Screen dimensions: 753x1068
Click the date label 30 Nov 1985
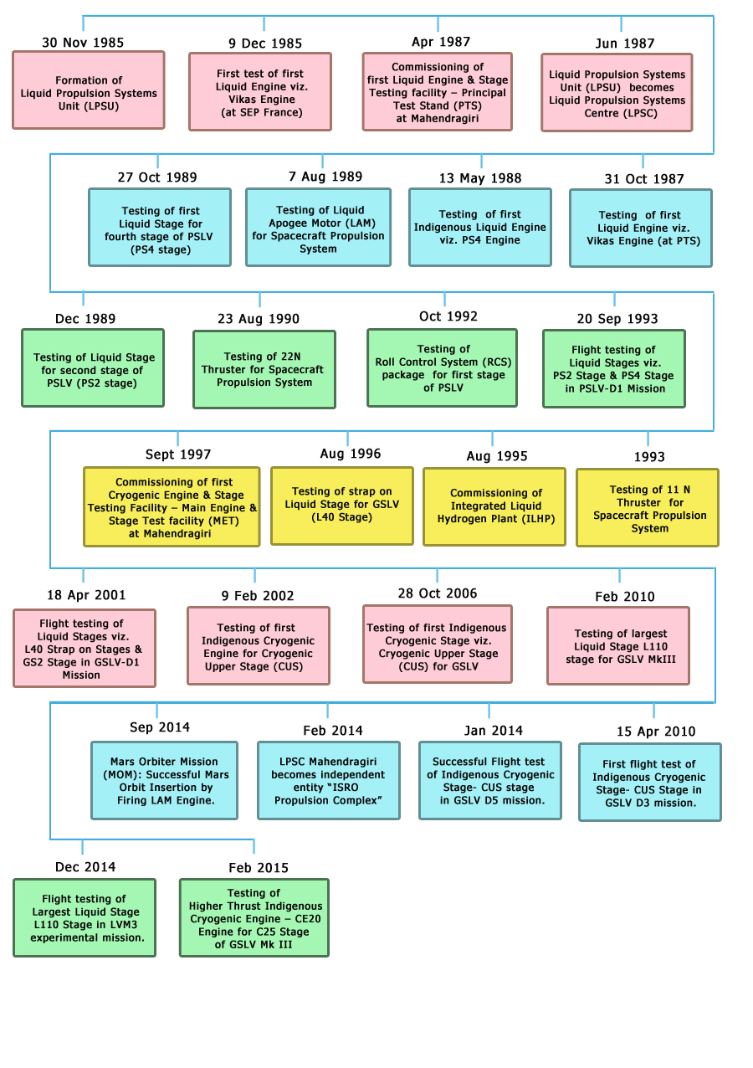83,43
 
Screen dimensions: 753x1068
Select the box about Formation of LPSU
89,90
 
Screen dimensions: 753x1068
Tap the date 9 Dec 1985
265,44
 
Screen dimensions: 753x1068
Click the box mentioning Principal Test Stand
437,91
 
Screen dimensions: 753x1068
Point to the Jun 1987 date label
625,44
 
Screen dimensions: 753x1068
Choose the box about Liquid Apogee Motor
319,227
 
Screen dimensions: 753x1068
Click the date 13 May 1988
480,178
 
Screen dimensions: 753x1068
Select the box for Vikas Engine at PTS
641,228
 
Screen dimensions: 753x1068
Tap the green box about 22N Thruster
264,369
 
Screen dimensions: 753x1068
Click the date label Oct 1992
448,316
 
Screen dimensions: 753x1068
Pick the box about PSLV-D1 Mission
614,368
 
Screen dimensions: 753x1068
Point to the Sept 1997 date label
178,454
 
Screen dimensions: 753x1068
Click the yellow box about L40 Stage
342,506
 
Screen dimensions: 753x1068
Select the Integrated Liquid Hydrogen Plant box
494,507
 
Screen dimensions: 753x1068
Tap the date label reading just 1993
649,457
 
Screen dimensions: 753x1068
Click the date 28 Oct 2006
438,593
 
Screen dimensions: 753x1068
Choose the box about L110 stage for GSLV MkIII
618,646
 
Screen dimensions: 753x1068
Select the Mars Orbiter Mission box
165,781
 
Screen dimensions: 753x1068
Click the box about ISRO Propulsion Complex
329,781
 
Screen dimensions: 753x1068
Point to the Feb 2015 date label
259,868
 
